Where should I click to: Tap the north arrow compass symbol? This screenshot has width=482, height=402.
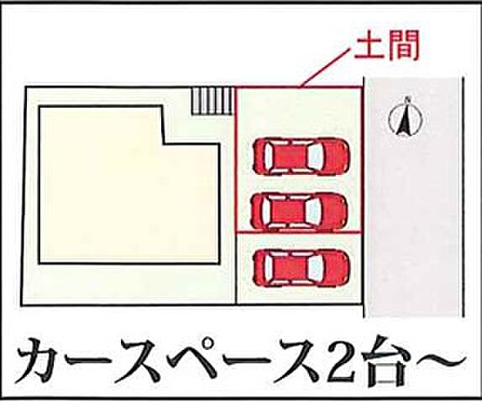tap(406, 117)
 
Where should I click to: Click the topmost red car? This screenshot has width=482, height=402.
tap(301, 157)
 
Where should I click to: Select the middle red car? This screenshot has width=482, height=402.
tap(298, 211)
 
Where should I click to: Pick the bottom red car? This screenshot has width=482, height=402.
tap(301, 267)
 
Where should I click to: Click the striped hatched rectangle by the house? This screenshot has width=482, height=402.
tap(212, 101)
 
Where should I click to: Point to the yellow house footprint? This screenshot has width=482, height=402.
tap(129, 185)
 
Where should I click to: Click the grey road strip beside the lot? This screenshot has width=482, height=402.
tap(414, 197)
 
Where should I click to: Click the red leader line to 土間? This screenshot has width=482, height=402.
tap(327, 67)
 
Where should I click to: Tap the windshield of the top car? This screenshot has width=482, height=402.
tap(315, 157)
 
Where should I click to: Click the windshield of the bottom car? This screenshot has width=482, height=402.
tap(315, 267)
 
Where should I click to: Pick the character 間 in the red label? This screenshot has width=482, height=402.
tap(404, 46)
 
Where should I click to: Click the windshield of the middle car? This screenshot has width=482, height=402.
tap(312, 211)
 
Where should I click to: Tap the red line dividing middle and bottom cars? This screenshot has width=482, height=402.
tap(298, 231)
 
